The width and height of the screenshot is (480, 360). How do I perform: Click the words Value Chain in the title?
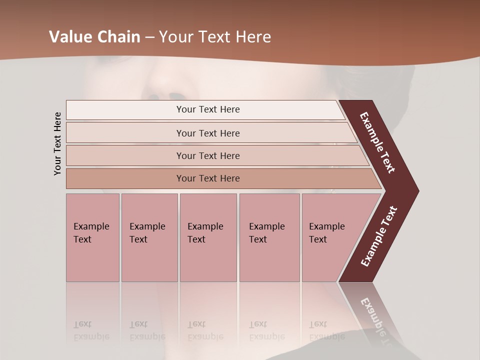(94, 37)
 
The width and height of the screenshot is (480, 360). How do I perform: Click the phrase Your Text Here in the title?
(215, 37)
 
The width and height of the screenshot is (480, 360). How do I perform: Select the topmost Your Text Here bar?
(208, 109)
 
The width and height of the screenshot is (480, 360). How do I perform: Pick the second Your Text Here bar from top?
(208, 133)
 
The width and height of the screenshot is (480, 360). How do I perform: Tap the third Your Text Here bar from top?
(208, 155)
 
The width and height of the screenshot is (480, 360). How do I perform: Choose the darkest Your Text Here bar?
(208, 178)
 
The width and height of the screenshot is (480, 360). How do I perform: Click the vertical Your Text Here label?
(57, 143)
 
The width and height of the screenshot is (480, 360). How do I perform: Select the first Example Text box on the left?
(92, 237)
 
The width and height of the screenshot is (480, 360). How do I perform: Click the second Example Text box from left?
(149, 237)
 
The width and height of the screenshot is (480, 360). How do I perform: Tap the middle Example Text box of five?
(208, 237)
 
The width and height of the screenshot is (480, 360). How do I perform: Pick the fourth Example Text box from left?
(269, 237)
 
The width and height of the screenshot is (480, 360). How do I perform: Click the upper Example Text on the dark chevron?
(377, 143)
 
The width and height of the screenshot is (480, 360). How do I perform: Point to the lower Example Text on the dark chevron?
(379, 236)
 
